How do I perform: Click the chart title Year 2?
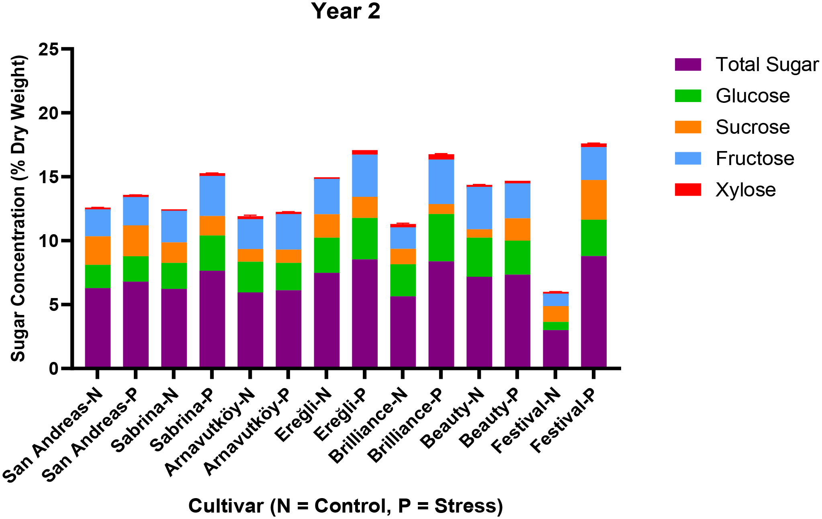click(x=346, y=11)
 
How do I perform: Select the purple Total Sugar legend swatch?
click(x=688, y=65)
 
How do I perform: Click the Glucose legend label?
click(x=752, y=96)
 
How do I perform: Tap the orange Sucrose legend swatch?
click(x=688, y=127)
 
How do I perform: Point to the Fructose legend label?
click(x=755, y=159)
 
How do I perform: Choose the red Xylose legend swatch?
click(x=688, y=190)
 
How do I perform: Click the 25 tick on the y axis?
click(x=49, y=49)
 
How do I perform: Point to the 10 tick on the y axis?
click(x=49, y=241)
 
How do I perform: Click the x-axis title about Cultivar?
click(x=346, y=506)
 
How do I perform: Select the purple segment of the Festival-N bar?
click(x=555, y=348)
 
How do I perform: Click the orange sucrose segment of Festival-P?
click(x=593, y=200)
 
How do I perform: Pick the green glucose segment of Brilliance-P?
click(x=441, y=237)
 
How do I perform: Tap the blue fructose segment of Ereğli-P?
click(x=364, y=176)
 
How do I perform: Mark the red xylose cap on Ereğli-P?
click(x=364, y=152)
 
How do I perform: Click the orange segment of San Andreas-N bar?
click(x=98, y=250)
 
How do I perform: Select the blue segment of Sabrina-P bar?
click(x=212, y=196)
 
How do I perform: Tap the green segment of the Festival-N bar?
click(x=555, y=326)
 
